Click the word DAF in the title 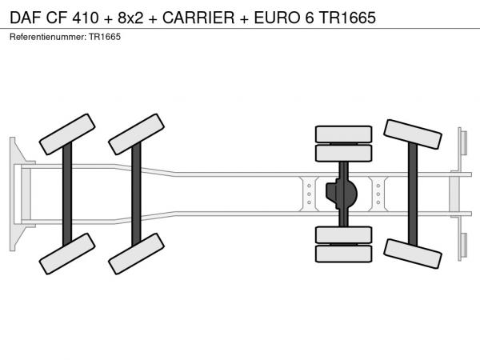click(x=25, y=18)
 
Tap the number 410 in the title click(x=86, y=18)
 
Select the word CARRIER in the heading click(x=198, y=18)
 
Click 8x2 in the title click(x=130, y=18)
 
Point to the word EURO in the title click(x=278, y=18)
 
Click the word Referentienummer click(x=48, y=37)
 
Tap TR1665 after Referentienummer click(x=105, y=37)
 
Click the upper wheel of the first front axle click(x=67, y=134)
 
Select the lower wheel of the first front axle click(x=67, y=254)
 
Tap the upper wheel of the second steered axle click(x=137, y=134)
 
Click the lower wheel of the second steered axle click(x=137, y=254)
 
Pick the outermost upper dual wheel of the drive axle click(x=344, y=134)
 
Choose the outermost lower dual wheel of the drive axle click(x=344, y=254)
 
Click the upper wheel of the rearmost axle click(x=413, y=134)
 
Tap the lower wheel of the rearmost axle click(x=413, y=254)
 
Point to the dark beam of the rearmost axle click(x=413, y=194)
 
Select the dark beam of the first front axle click(x=67, y=194)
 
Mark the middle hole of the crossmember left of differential click(x=309, y=194)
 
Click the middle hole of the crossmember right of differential click(x=378, y=194)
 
